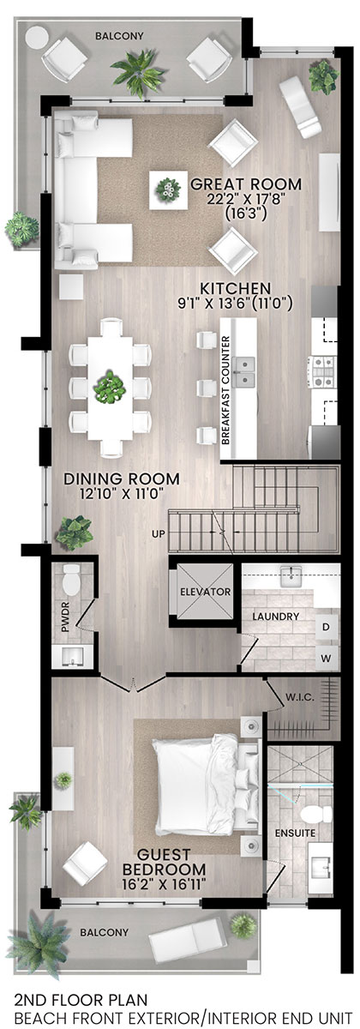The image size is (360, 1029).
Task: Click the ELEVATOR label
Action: point(205,591)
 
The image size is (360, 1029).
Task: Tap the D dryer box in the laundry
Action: point(326,627)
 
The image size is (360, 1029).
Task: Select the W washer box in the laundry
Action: point(326,658)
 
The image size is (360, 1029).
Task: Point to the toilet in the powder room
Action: point(72,580)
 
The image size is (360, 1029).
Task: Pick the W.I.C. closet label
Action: point(300,697)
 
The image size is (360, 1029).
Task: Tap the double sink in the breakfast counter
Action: point(243,371)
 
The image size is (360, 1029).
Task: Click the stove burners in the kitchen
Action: point(323,371)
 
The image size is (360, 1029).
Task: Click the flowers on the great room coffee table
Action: point(169,190)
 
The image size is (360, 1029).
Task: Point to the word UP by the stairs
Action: point(159,534)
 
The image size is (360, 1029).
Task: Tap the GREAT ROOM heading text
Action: point(246,184)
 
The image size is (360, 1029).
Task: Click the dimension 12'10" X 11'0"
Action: point(121,494)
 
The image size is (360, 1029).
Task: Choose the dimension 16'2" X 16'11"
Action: point(164,884)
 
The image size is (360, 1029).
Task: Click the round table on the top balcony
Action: point(37,36)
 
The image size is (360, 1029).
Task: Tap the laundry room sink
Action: point(291,577)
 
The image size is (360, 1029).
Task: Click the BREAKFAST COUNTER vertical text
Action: point(225,390)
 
